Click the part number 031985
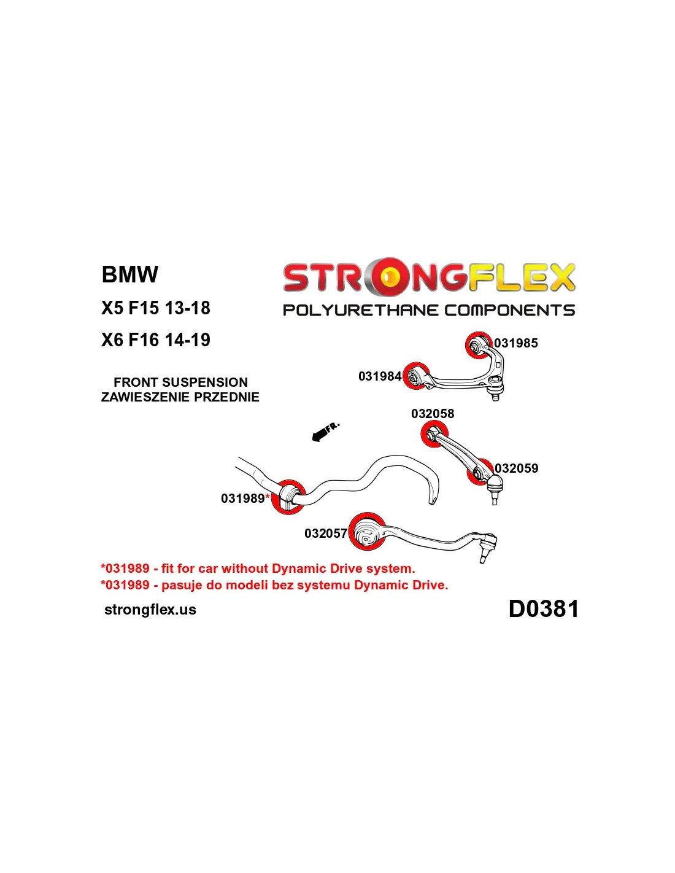pyautogui.click(x=516, y=343)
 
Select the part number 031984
pyautogui.click(x=379, y=376)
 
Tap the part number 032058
pyautogui.click(x=433, y=414)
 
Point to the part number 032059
pyautogui.click(x=517, y=468)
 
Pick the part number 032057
pyautogui.click(x=325, y=533)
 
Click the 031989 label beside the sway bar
pyautogui.click(x=243, y=499)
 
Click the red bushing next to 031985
pyautogui.click(x=477, y=345)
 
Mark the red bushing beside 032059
pyautogui.click(x=479, y=472)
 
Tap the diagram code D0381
pyautogui.click(x=544, y=609)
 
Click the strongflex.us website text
pyautogui.click(x=150, y=610)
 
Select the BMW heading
pyautogui.click(x=130, y=274)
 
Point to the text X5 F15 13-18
pyautogui.click(x=156, y=308)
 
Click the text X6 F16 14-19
pyautogui.click(x=156, y=340)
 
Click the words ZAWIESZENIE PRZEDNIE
pyautogui.click(x=180, y=397)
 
